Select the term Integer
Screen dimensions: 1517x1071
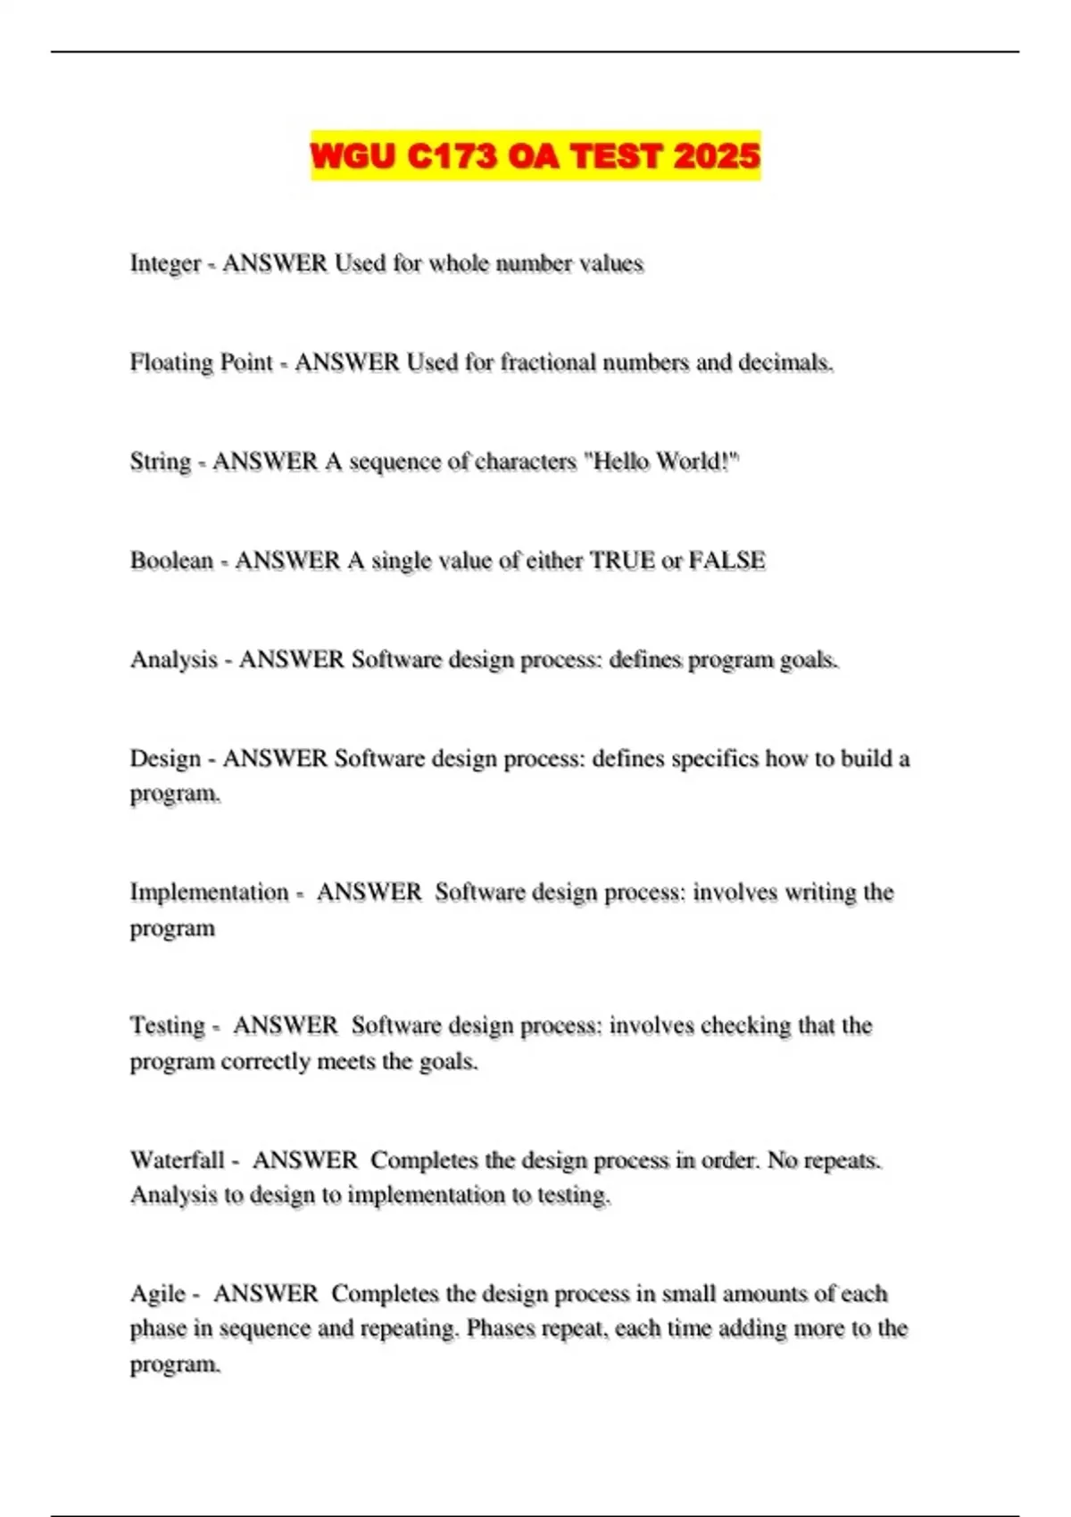[165, 264]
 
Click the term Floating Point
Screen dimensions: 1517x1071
[201, 363]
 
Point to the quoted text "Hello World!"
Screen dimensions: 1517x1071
[661, 461]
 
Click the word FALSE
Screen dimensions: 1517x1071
[726, 560]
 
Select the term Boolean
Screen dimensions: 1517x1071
[171, 560]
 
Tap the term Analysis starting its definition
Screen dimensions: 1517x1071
[174, 659]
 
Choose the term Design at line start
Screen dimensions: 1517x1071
[165, 758]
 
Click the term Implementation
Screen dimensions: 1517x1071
[209, 892]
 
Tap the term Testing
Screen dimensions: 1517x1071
[167, 1026]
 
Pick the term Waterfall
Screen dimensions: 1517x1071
[177, 1160]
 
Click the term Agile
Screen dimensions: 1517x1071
[158, 1294]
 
